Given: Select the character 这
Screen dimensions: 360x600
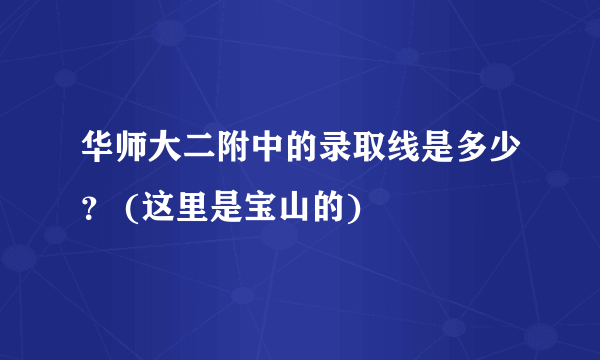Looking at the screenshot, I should pos(155,211).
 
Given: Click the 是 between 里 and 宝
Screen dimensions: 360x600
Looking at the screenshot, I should pos(225,211).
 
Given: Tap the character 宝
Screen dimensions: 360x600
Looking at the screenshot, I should pos(260,211).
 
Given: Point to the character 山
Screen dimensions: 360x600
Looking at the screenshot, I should pos(295,211).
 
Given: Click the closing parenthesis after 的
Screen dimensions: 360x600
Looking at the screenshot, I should pos(355,211).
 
